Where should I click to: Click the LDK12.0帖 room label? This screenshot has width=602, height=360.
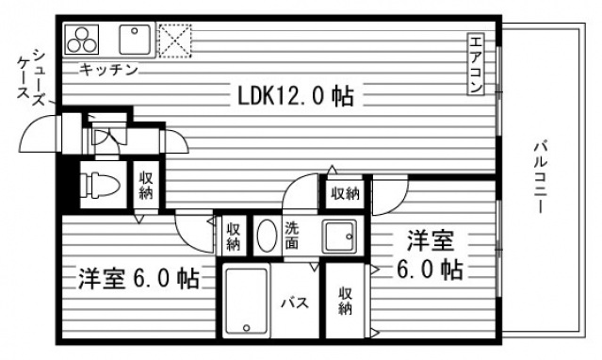[295, 96]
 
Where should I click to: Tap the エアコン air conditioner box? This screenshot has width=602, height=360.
[476, 64]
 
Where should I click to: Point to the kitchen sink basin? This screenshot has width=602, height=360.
[135, 41]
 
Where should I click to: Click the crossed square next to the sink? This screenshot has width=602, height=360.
[175, 41]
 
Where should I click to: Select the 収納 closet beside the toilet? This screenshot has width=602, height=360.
[146, 185]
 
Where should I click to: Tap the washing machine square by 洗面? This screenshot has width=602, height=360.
[338, 235]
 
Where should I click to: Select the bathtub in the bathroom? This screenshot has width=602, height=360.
[246, 303]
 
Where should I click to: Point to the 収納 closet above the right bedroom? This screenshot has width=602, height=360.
[345, 193]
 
